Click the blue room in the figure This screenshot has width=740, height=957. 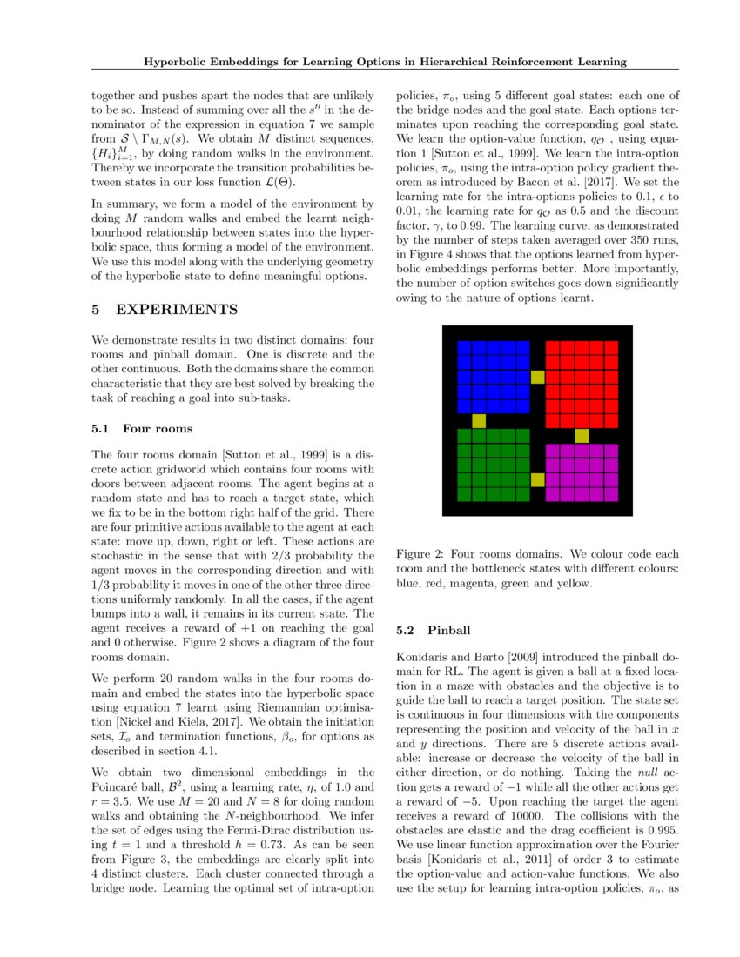tap(493, 376)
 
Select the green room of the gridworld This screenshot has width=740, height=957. tap(493, 465)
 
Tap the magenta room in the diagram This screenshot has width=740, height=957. tap(582, 472)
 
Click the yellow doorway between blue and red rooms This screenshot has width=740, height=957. tap(537, 377)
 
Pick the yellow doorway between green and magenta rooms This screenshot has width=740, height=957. tap(537, 480)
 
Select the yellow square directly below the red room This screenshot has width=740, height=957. tap(582, 435)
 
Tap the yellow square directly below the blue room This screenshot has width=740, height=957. tap(478, 421)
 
